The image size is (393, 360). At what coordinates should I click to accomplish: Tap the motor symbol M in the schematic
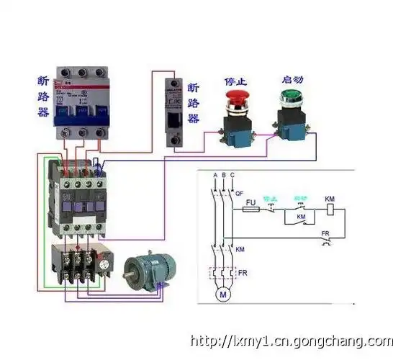click(x=222, y=295)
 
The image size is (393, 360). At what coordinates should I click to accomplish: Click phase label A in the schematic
click(x=214, y=176)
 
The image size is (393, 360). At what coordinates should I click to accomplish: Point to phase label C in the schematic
click(x=232, y=176)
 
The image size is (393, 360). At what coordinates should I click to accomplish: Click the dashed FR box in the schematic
click(x=222, y=274)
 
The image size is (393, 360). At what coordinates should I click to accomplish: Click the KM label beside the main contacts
click(x=240, y=248)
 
